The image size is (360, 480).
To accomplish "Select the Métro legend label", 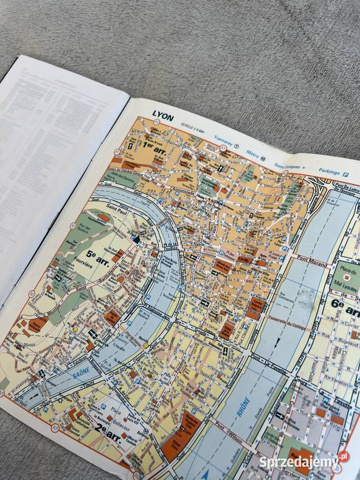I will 252,154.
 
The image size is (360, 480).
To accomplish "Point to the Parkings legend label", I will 330,172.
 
